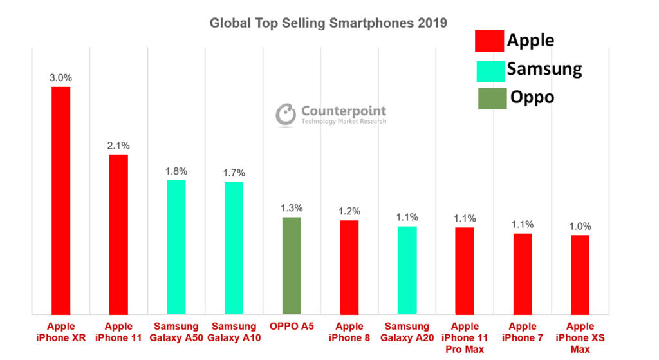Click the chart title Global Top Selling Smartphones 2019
(328, 23)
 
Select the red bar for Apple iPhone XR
(61, 200)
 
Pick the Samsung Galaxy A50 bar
(176, 247)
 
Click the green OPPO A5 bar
(292, 265)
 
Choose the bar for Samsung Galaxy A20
(407, 270)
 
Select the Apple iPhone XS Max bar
(580, 274)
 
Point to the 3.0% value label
(61, 77)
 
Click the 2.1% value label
(118, 146)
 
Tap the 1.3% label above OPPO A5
(292, 208)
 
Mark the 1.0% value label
(580, 227)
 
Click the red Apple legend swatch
(489, 41)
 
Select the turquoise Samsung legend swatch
(490, 70)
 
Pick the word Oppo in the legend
(532, 97)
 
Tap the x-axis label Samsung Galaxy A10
(234, 332)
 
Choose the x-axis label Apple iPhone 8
(349, 332)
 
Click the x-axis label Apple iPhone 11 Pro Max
(465, 337)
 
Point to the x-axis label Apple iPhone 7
(522, 332)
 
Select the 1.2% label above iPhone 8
(349, 211)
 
